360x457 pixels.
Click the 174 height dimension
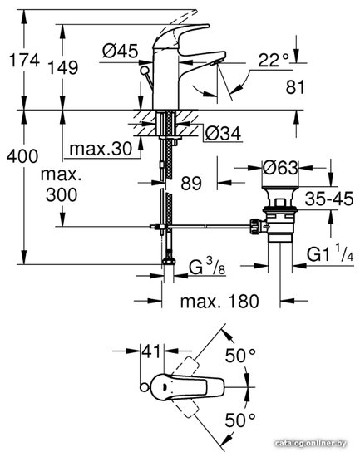[x=24, y=61]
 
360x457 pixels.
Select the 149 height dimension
[x=62, y=67]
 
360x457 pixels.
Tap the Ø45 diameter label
[x=120, y=51]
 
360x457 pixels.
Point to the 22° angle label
[x=274, y=61]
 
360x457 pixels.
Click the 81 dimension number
[x=295, y=87]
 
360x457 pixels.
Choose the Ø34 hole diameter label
[x=223, y=134]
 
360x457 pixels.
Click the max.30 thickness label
[x=101, y=149]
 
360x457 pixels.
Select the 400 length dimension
[x=22, y=156]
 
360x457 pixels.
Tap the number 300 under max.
[x=62, y=194]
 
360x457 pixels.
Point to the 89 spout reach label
[x=191, y=184]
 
